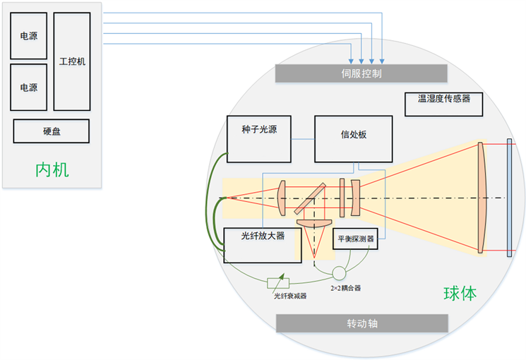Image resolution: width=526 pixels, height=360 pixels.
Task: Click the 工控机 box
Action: click(x=72, y=61)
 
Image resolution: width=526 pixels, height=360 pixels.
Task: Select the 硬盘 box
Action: click(x=52, y=131)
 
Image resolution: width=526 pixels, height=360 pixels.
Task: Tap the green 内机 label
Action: click(x=52, y=169)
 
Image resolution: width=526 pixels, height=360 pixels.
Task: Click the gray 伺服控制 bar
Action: click(x=361, y=73)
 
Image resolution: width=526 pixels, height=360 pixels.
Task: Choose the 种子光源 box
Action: click(x=259, y=138)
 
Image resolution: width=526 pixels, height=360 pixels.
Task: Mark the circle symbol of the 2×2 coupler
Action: click(x=340, y=272)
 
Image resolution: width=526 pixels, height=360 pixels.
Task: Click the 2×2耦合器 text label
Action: click(x=345, y=289)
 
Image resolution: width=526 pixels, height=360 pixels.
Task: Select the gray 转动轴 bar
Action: click(x=361, y=323)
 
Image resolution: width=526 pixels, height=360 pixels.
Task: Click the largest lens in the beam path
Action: click(x=482, y=198)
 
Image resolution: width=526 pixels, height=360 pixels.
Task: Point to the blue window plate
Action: click(x=508, y=198)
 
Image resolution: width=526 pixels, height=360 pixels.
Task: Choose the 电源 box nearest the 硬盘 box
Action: click(x=29, y=88)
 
